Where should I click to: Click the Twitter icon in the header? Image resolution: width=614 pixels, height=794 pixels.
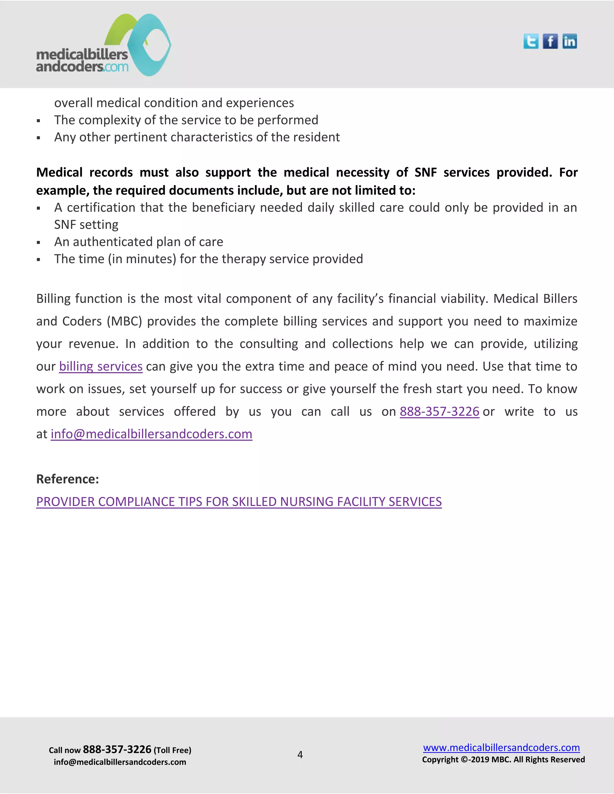pos(531,41)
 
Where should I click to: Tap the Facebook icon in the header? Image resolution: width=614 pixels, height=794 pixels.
pos(550,41)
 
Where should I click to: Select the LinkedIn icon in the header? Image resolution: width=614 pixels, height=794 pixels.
pos(569,41)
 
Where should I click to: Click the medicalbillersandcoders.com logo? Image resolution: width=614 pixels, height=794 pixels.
pos(104,46)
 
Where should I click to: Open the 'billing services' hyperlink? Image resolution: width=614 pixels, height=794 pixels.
pos(101,366)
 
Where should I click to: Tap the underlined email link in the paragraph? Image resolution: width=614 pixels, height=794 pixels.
pos(151,434)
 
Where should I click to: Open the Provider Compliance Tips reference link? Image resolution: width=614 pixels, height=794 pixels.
pos(239,502)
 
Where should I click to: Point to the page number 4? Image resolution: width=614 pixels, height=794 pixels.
pos(300,755)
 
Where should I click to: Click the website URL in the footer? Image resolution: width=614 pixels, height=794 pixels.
pos(501,748)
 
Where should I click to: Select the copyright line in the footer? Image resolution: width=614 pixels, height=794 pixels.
pos(503,760)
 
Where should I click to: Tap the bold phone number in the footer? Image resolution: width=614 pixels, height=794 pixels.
pos(117,749)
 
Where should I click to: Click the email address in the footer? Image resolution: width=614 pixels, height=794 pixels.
pos(120,762)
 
